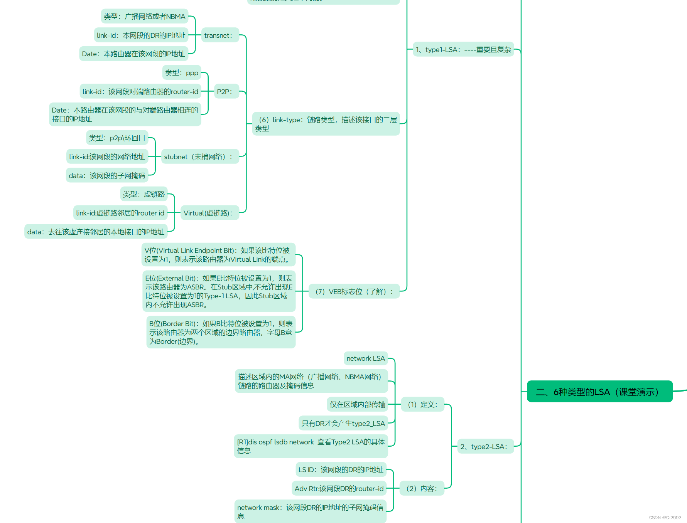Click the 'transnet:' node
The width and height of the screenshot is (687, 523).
pos(219,35)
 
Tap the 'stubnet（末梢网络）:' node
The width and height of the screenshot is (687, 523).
pos(199,157)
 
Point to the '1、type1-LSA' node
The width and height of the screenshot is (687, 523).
pos(463,50)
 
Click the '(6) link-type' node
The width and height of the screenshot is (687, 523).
pos(326,124)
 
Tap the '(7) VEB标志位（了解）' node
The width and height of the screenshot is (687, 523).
pos(354,292)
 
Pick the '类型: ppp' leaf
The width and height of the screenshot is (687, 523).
pos(182,73)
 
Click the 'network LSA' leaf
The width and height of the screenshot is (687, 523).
pos(366,358)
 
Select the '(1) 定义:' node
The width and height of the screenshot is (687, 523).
pos(423,405)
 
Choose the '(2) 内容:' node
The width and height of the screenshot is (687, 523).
pos(422,489)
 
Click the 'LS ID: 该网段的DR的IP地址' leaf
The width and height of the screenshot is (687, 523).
pos(341,470)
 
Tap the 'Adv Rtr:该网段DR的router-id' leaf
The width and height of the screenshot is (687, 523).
pos(339,489)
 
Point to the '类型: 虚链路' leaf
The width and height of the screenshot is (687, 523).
pos(144,194)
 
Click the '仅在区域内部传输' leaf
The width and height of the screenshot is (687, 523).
pos(357,405)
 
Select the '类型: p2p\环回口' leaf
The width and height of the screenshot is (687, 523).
pos(117,138)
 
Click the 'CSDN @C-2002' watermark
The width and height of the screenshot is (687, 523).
pos(665,518)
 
